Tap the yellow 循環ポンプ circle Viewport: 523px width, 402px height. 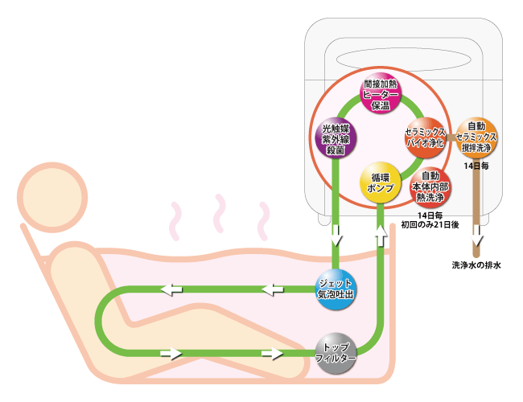[381, 182]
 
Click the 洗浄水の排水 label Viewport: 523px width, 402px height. [476, 265]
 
